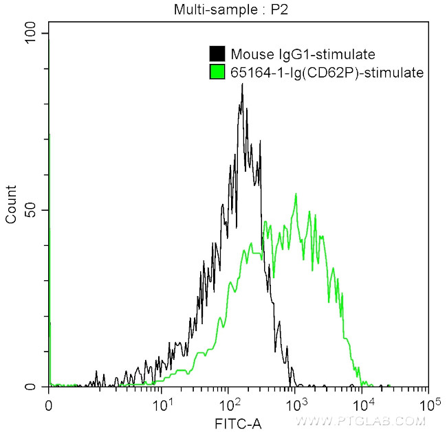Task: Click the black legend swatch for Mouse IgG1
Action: tap(217, 54)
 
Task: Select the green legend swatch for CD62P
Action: tap(217, 71)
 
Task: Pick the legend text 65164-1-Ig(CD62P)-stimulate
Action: tap(327, 71)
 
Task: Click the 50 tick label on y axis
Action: tap(32, 210)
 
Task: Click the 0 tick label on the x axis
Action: tap(48, 404)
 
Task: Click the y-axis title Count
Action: tap(11, 205)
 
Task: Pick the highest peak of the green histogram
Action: tap(296, 194)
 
